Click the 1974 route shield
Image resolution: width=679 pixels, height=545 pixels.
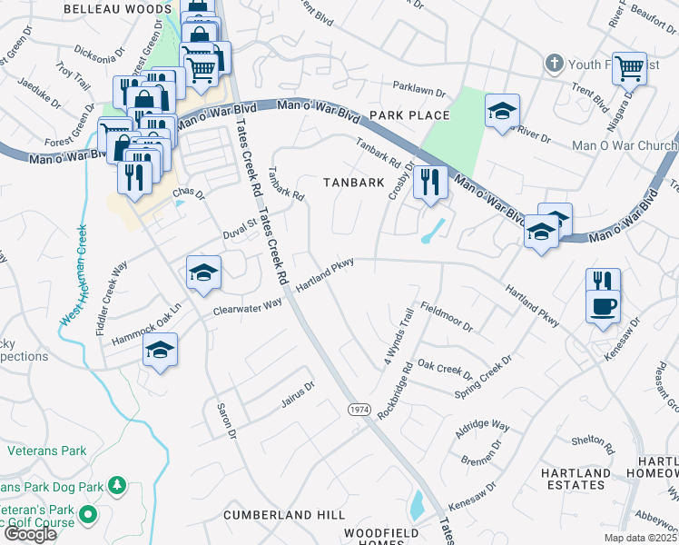pyautogui.click(x=358, y=411)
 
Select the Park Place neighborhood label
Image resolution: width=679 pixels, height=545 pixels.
pyautogui.click(x=409, y=115)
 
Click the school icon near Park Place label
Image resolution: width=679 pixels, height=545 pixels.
pyautogui.click(x=502, y=112)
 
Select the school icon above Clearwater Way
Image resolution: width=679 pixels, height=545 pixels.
pyautogui.click(x=204, y=272)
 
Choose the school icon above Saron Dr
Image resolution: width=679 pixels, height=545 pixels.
pyautogui.click(x=160, y=351)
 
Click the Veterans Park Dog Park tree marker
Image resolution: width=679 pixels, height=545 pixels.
pyautogui.click(x=116, y=486)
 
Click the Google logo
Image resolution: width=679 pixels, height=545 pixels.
pyautogui.click(x=30, y=534)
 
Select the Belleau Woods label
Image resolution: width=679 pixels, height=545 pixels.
pyautogui.click(x=116, y=8)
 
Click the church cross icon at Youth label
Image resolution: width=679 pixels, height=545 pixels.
pyautogui.click(x=554, y=64)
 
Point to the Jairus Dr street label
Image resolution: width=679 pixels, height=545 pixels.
pyautogui.click(x=297, y=392)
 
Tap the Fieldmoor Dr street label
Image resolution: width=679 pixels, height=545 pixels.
pyautogui.click(x=446, y=312)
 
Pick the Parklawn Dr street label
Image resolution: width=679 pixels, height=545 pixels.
pyautogui.click(x=420, y=93)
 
